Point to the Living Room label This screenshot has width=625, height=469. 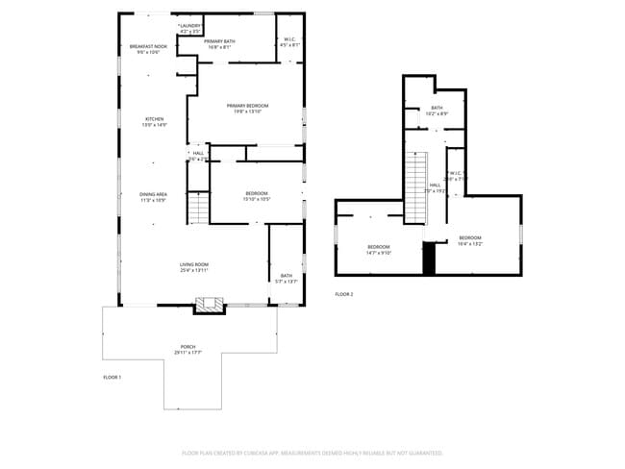pos(193,267)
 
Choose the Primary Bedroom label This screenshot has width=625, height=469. pos(247,108)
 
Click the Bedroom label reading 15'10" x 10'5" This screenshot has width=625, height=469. pos(257,196)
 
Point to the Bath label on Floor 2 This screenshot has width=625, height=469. pos(437,111)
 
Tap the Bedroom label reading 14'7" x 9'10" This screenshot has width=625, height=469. pos(379,250)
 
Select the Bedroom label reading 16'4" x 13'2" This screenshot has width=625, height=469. pos(469,240)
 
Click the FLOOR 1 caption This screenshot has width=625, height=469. pos(112,378)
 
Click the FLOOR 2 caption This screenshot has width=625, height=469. pos(344,293)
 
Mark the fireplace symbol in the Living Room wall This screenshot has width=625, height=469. pos(210,306)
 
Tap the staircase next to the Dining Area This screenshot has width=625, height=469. pos(197,207)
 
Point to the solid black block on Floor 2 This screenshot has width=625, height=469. pos(430,258)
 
